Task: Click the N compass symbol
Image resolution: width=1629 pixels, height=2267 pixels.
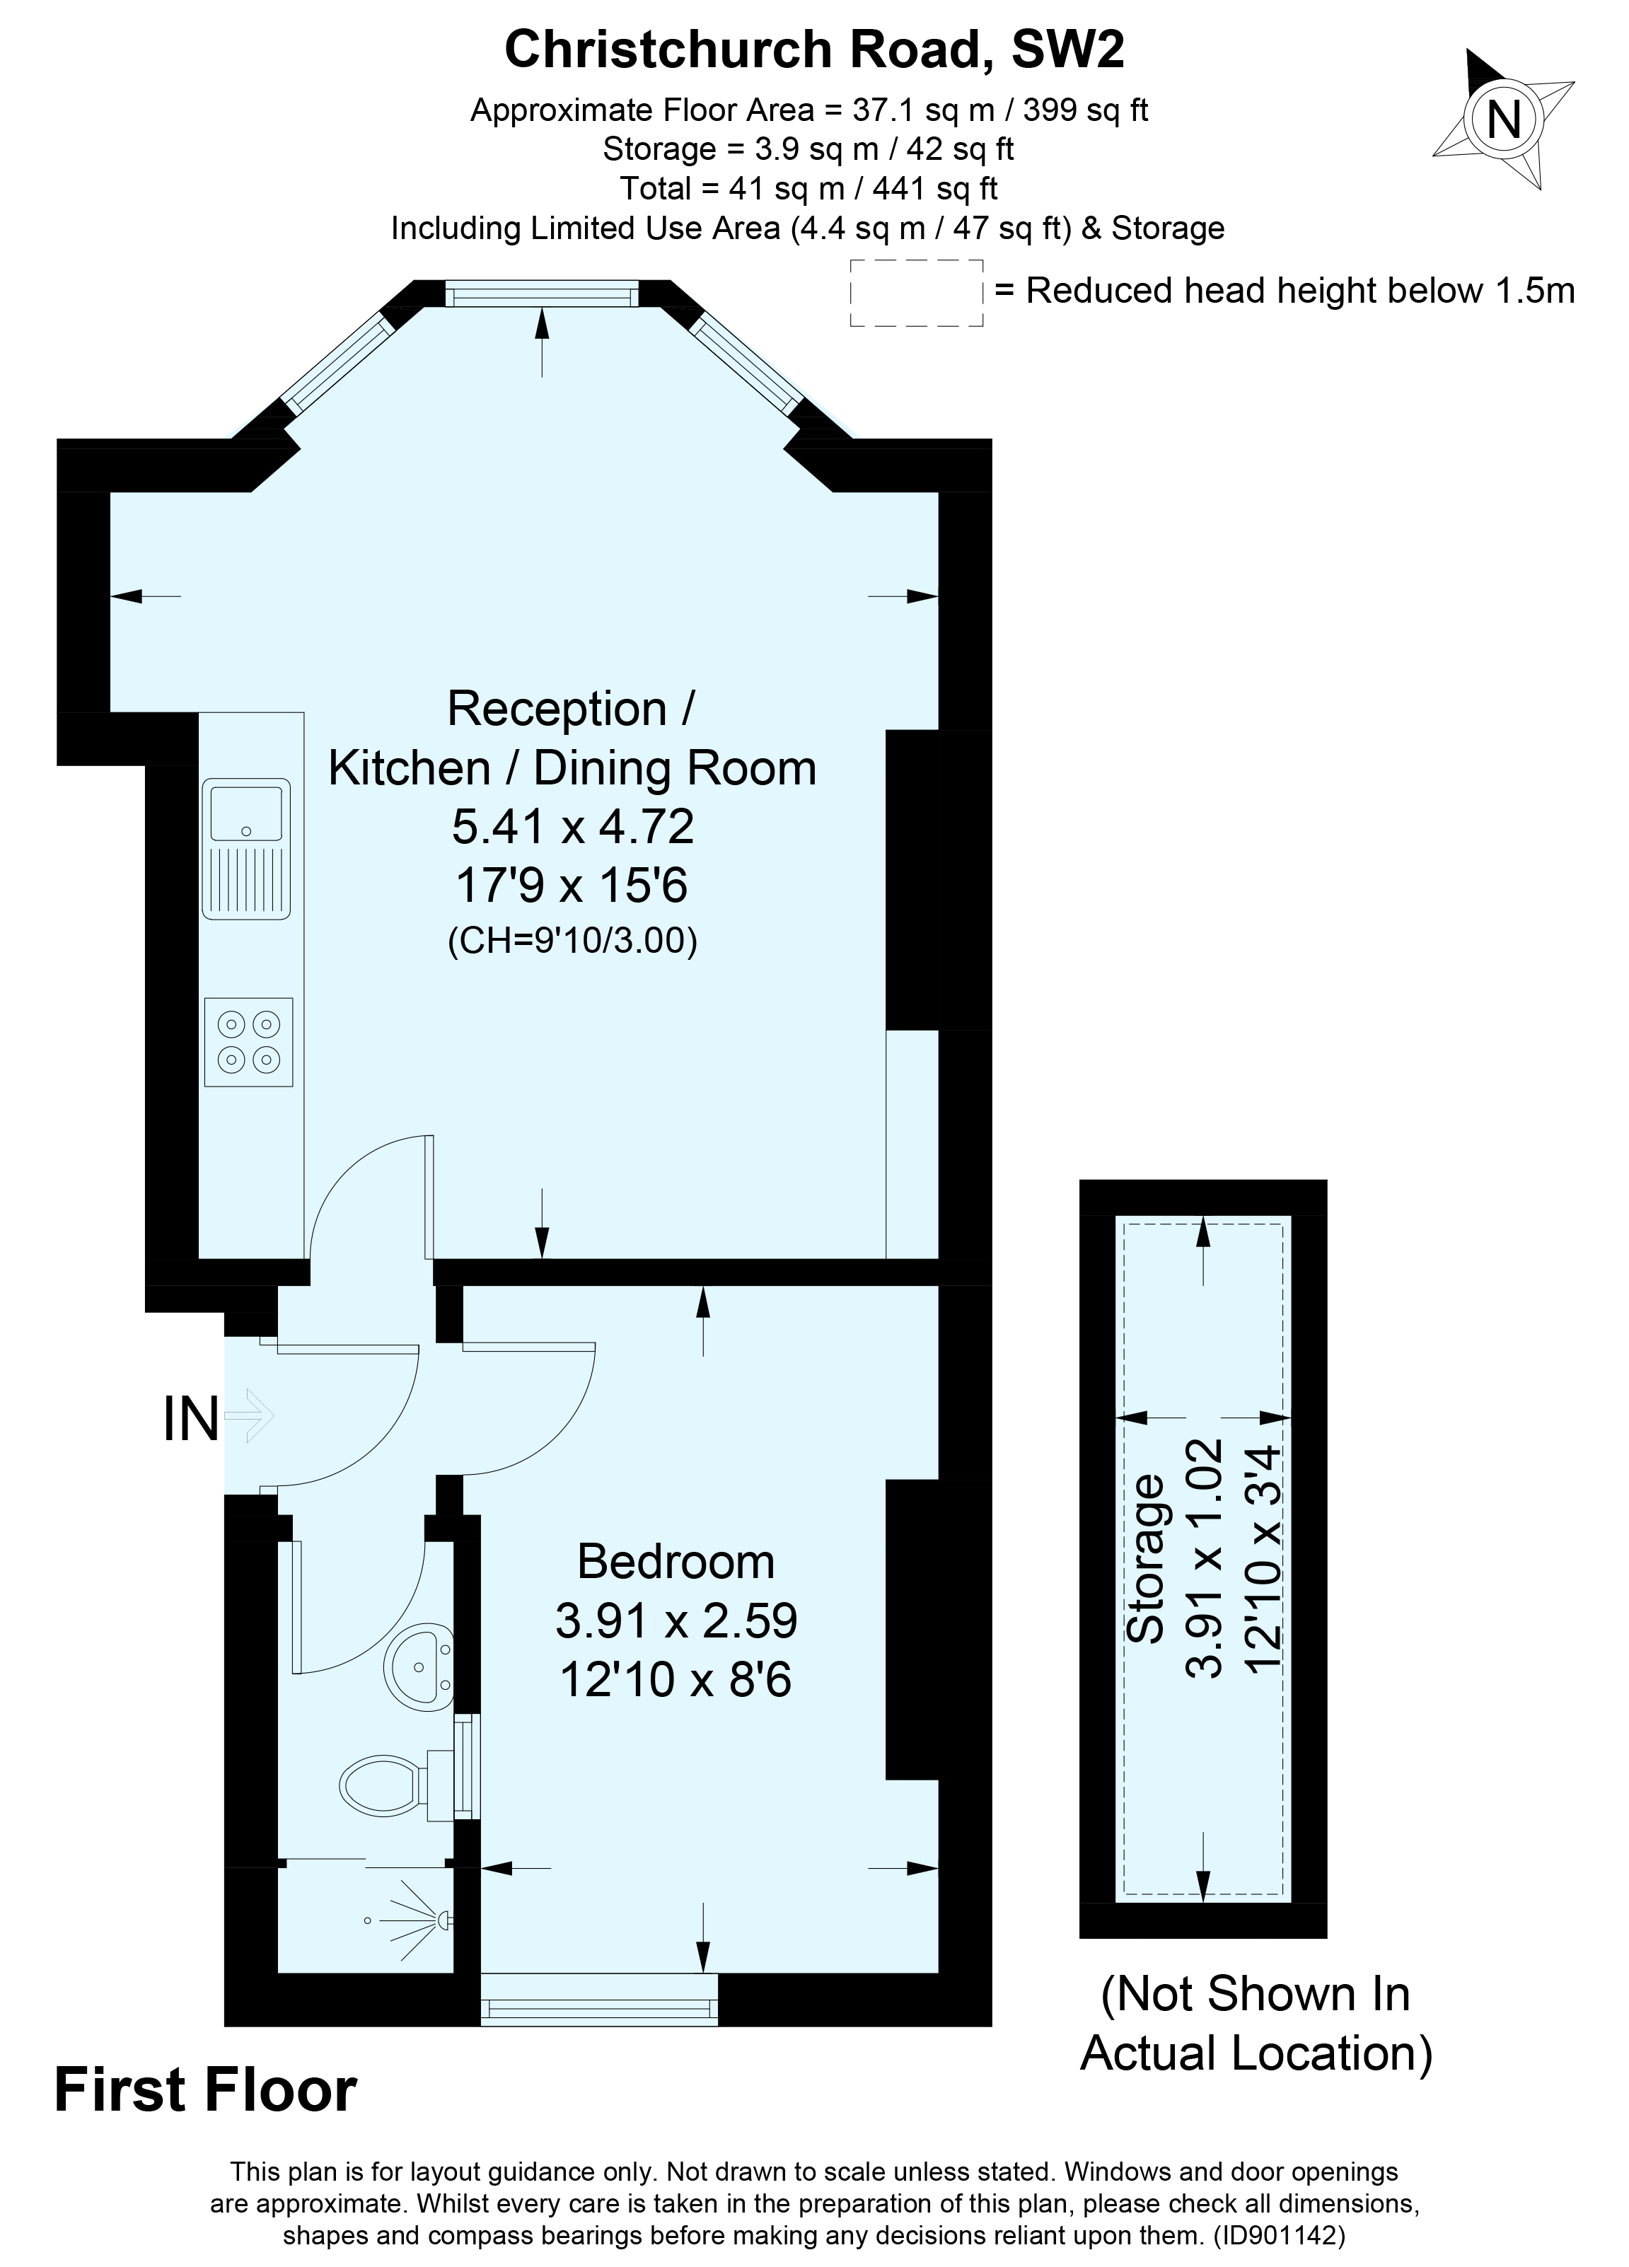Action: pos(1503,120)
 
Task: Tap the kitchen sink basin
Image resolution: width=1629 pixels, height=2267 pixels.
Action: pos(247,811)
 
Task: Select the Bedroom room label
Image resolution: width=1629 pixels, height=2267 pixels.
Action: pos(676,1561)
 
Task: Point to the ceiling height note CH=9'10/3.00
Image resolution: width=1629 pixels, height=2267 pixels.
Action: pos(572,941)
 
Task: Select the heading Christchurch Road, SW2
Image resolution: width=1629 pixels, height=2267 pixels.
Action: pos(813,50)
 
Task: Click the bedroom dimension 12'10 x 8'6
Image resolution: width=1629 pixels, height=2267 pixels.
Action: pos(676,1679)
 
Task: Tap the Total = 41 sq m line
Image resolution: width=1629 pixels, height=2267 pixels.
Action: pos(808,188)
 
